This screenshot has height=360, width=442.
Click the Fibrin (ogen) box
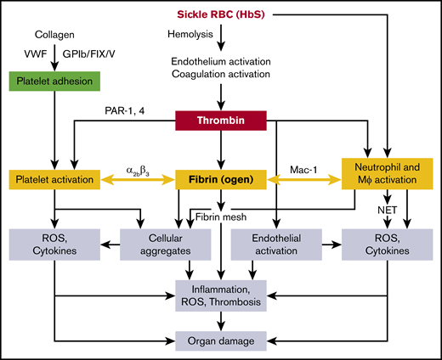(x=221, y=180)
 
